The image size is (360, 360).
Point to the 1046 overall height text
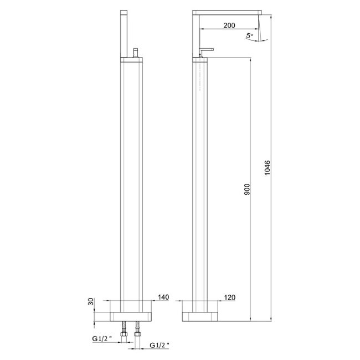268,168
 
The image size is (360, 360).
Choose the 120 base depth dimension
230,298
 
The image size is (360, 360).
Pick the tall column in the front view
131,183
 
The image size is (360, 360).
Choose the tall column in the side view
200,183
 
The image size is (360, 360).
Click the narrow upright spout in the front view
124,30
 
